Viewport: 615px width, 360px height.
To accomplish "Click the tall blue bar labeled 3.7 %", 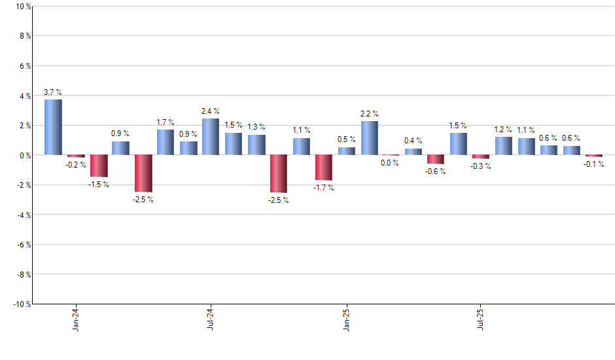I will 53,127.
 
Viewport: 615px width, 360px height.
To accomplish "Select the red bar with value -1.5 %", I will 99,166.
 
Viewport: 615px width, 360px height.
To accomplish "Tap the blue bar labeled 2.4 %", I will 211,137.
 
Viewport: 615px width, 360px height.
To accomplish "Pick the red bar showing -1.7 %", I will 324,168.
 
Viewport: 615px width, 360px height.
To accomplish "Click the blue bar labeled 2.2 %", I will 369,138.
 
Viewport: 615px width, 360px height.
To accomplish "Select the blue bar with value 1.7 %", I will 166,142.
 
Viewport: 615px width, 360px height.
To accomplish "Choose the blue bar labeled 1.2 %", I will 504,146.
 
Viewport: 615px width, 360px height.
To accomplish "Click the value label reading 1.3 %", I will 256,127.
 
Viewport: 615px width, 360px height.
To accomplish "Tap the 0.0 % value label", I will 390,163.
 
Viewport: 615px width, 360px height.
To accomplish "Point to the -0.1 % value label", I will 594,164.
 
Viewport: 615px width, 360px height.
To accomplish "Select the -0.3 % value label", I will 481,166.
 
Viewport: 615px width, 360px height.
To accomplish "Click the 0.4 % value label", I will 413,141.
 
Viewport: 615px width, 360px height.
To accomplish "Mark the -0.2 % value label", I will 75,165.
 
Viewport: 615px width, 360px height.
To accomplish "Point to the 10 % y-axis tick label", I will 23,7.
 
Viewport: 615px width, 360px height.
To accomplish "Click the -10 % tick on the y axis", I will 22,304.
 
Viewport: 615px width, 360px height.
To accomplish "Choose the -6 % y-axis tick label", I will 23,244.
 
